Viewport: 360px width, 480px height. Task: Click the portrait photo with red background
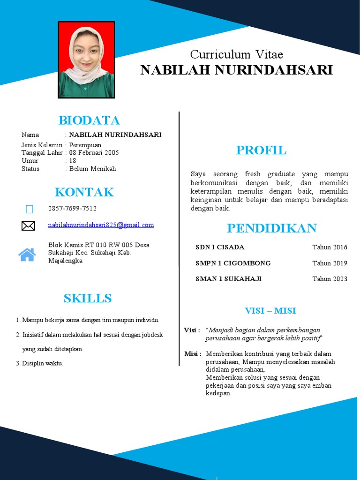86,60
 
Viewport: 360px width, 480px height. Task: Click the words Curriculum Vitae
236,54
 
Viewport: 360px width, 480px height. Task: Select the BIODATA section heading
89,120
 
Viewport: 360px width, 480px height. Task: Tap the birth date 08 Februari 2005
94,153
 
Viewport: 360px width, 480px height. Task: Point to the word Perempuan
85,145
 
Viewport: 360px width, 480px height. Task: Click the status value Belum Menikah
92,169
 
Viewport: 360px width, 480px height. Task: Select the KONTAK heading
84,192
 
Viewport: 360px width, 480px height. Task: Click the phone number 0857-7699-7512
72,209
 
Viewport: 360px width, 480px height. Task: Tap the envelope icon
28,226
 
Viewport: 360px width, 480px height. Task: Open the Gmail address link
101,225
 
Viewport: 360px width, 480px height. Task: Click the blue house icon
27,255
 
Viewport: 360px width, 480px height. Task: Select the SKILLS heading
88,299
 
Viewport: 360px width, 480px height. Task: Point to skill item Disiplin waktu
42,363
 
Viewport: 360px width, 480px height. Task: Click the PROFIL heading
261,150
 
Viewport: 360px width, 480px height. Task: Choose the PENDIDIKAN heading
272,229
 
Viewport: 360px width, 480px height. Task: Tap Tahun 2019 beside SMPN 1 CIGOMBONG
330,263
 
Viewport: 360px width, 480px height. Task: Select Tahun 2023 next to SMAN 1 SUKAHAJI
330,279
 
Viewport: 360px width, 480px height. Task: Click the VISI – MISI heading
270,311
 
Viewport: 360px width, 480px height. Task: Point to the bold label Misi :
193,354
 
